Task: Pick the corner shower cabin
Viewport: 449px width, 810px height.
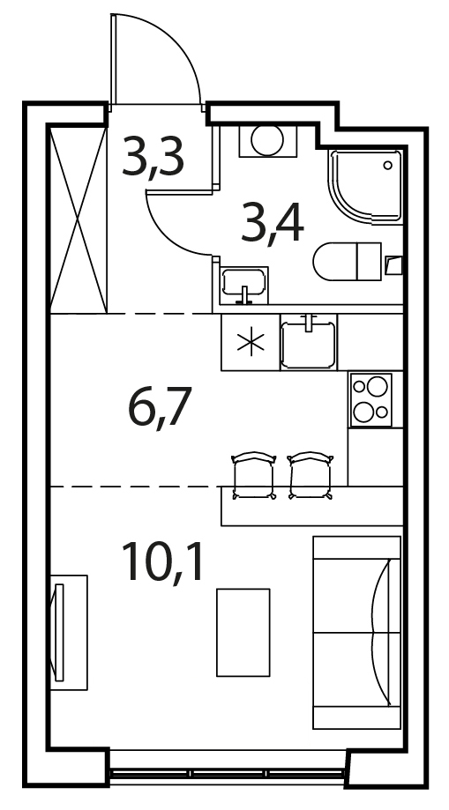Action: [365, 187]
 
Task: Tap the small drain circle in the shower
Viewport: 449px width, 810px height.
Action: [388, 166]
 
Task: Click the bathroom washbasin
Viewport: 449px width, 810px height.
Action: [244, 285]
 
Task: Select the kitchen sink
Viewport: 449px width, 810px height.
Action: [308, 342]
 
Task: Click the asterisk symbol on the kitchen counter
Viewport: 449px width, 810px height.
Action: [251, 343]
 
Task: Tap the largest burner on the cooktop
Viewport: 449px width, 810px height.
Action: [377, 386]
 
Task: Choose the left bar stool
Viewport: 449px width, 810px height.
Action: [253, 475]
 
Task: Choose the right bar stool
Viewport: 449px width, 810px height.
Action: [311, 475]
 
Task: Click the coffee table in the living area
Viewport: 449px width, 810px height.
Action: [243, 632]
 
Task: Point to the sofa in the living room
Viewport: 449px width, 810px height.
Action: [357, 632]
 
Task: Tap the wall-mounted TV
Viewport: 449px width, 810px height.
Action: [59, 632]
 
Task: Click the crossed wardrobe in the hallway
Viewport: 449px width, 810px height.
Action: [79, 219]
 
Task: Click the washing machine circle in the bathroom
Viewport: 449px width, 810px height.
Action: [267, 139]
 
